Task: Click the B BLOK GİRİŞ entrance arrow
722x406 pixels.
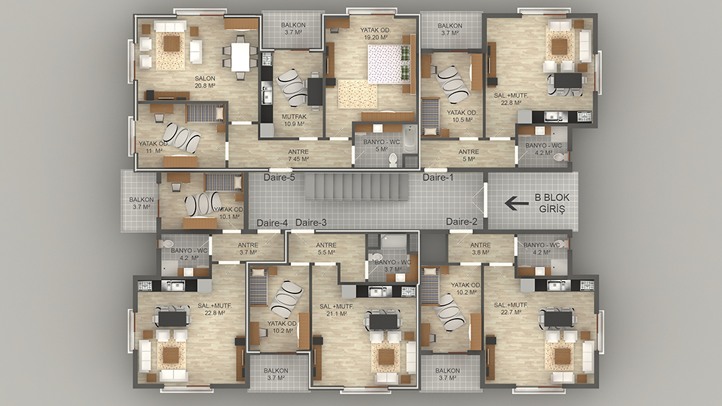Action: pyautogui.click(x=517, y=203)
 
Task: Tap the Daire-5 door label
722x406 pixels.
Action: pyautogui.click(x=279, y=177)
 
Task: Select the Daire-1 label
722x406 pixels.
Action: pyautogui.click(x=438, y=177)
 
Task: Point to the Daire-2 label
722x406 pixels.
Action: pyautogui.click(x=461, y=222)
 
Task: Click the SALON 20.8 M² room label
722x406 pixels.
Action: pyautogui.click(x=205, y=81)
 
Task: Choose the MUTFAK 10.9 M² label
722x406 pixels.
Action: pyautogui.click(x=294, y=120)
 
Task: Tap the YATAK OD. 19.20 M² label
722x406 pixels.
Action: pyautogui.click(x=375, y=34)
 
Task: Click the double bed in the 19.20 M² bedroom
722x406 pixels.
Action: pyautogui.click(x=388, y=64)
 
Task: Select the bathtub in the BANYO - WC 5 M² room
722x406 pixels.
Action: pyautogui.click(x=409, y=139)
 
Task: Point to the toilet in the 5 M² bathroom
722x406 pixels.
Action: pyautogui.click(x=393, y=159)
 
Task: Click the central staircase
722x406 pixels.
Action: pyautogui.click(x=357, y=187)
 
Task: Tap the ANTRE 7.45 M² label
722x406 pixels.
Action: pyautogui.click(x=298, y=156)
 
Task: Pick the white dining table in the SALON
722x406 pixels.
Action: pyautogui.click(x=240, y=56)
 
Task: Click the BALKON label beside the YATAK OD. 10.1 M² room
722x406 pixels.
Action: pyautogui.click(x=142, y=203)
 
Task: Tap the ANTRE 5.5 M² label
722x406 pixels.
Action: pyautogui.click(x=326, y=249)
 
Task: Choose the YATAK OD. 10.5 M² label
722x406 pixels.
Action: pyautogui.click(x=462, y=116)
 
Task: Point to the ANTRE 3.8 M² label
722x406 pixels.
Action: pyautogui.click(x=481, y=249)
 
